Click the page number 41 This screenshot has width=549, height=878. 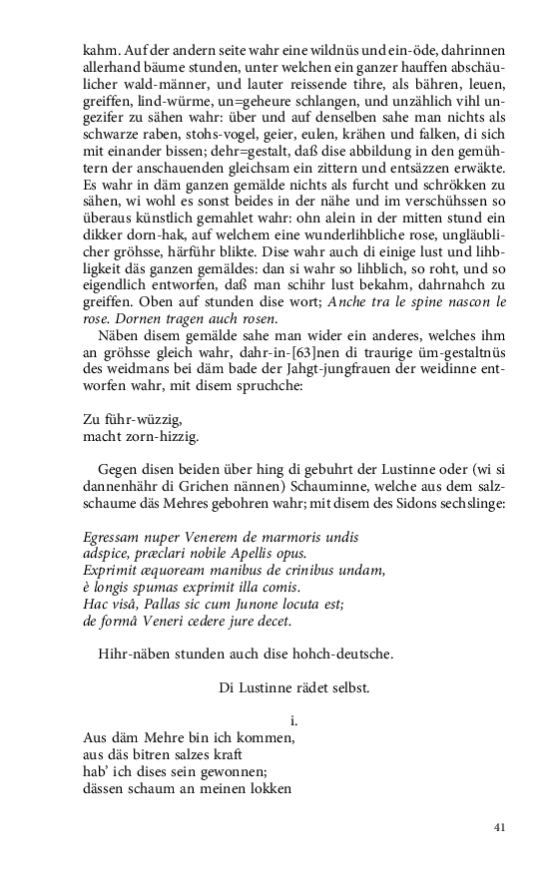pos(500,827)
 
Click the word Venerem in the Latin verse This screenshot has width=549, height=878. pos(193,538)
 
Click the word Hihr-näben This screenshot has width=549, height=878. pos(140,655)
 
